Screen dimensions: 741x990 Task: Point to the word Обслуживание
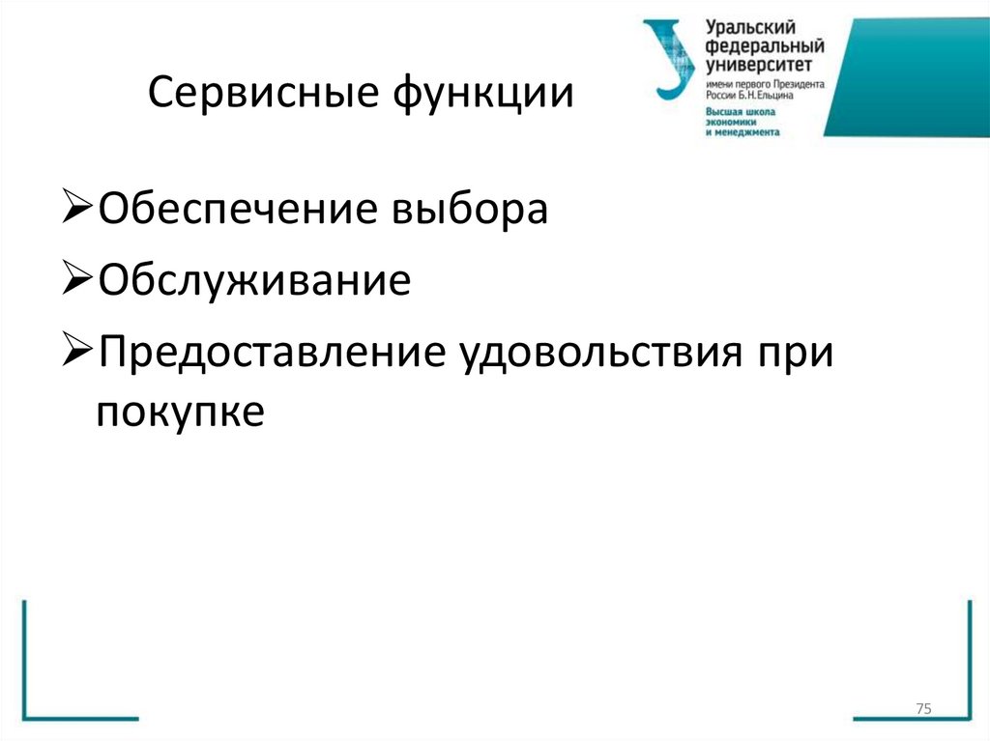(x=253, y=281)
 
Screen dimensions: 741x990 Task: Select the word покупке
(x=180, y=412)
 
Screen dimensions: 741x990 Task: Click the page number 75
(x=922, y=710)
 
